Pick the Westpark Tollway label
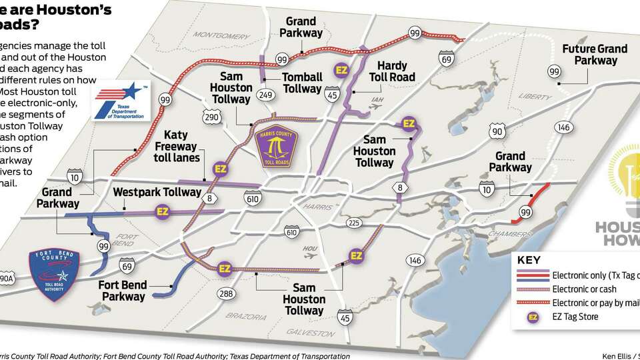point(157,192)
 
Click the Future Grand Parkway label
point(595,55)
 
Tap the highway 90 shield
point(497,131)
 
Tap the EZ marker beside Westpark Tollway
point(161,213)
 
